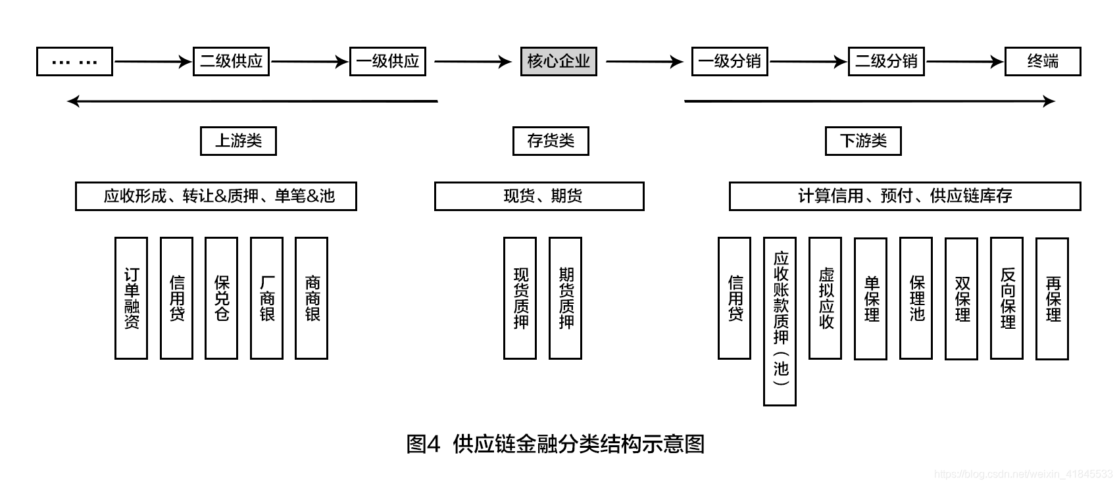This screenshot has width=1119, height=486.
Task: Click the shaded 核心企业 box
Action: [x=559, y=62]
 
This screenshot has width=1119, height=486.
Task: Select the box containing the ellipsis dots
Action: [x=74, y=62]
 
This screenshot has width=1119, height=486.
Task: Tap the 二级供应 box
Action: [x=231, y=62]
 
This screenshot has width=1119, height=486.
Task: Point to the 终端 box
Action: [x=1043, y=62]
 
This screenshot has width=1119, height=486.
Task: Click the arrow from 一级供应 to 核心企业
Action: [x=472, y=62]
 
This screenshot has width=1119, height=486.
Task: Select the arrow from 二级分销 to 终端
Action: [x=964, y=62]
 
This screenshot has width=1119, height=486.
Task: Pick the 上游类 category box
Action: [x=238, y=141]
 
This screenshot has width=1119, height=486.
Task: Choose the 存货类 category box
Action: [x=551, y=141]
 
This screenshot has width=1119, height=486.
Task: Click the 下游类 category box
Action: [x=863, y=141]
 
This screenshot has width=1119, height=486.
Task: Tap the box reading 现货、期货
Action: [x=539, y=196]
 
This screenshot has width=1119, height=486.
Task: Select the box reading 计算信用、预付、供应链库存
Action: [x=905, y=196]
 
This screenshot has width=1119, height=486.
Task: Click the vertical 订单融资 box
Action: [x=131, y=298]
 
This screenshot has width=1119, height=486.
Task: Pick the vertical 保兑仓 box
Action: [x=221, y=298]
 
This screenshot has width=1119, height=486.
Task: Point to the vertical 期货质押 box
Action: [x=565, y=298]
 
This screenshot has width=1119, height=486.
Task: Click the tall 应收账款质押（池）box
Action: [x=780, y=321]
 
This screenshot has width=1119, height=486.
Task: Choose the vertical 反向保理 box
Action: [x=1007, y=298]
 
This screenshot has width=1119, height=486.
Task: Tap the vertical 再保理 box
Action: [x=1052, y=298]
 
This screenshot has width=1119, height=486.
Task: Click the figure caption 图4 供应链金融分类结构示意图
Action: [x=555, y=444]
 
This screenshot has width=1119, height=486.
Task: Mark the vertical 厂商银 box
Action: [x=266, y=298]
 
